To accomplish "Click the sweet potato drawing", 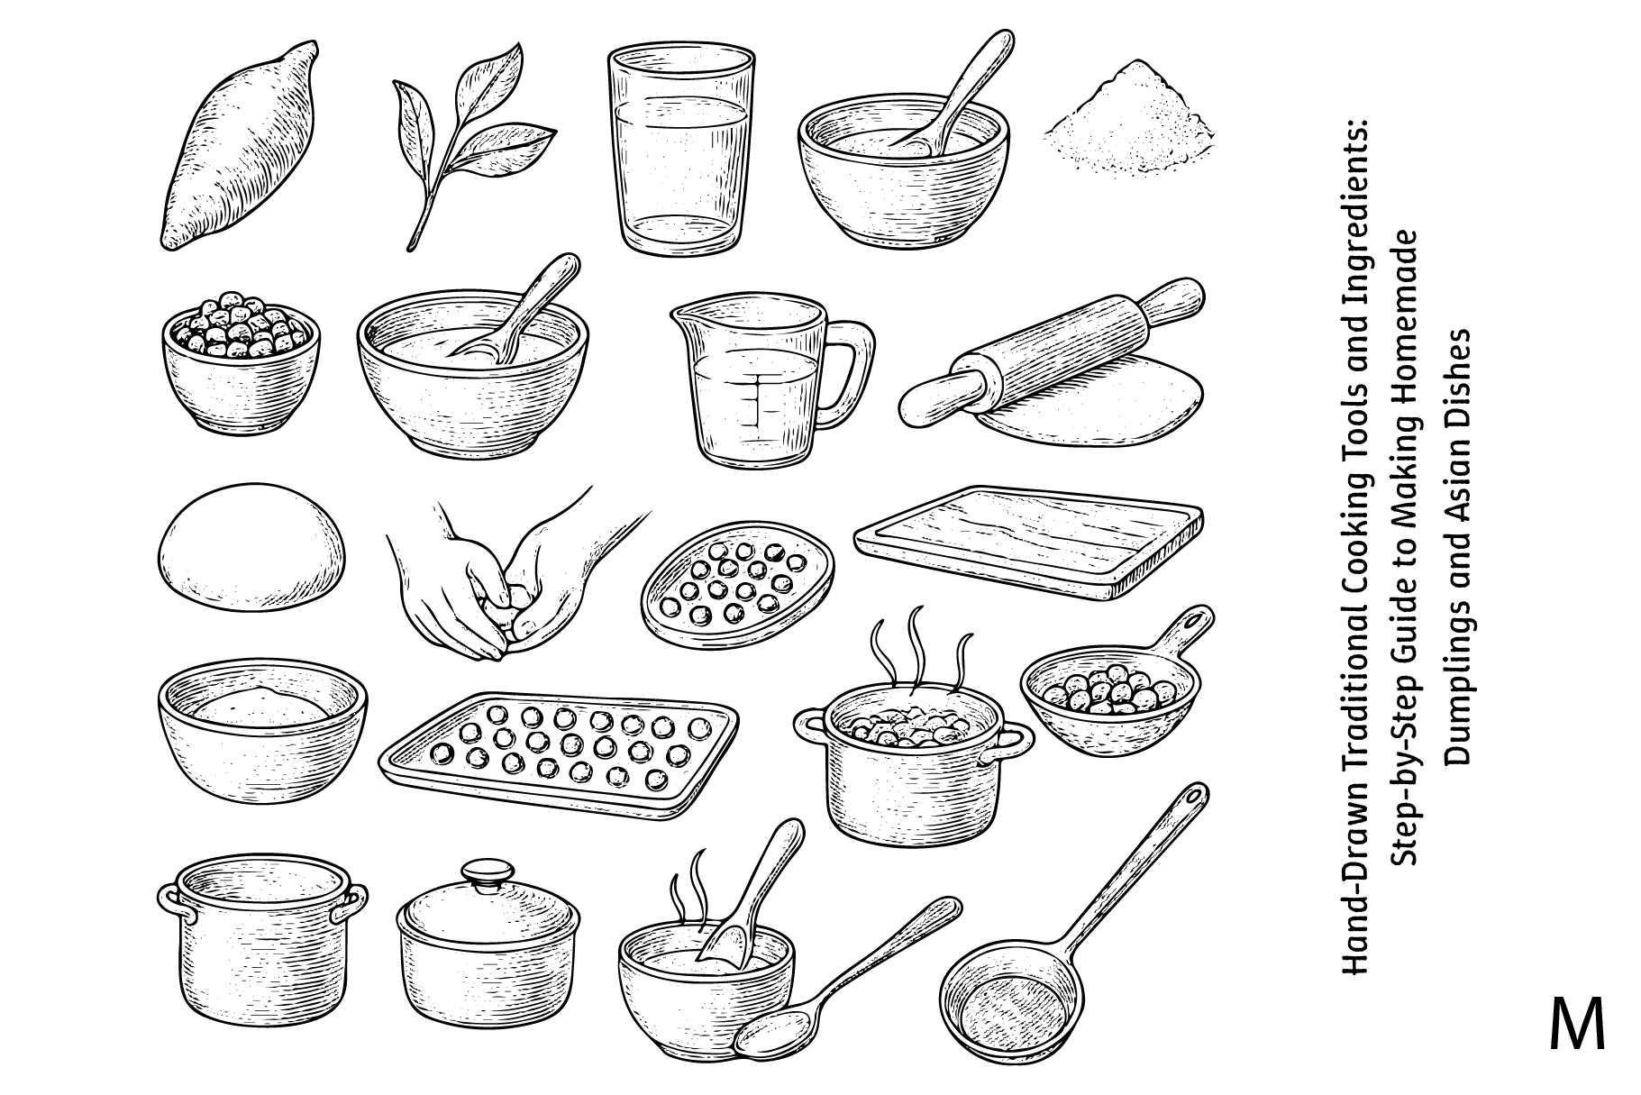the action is [239, 144].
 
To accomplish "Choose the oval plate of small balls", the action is [737, 587].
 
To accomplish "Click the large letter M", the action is [1578, 1024].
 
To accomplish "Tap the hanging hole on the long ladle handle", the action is [1193, 797].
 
